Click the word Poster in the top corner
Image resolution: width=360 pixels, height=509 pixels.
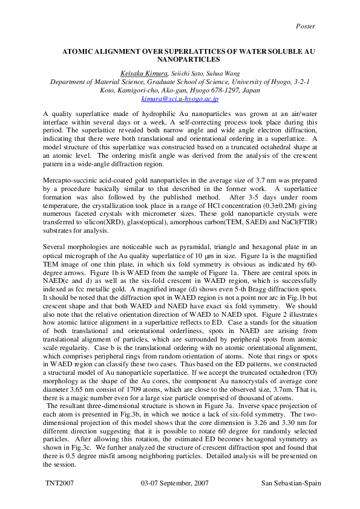coord(306,26)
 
